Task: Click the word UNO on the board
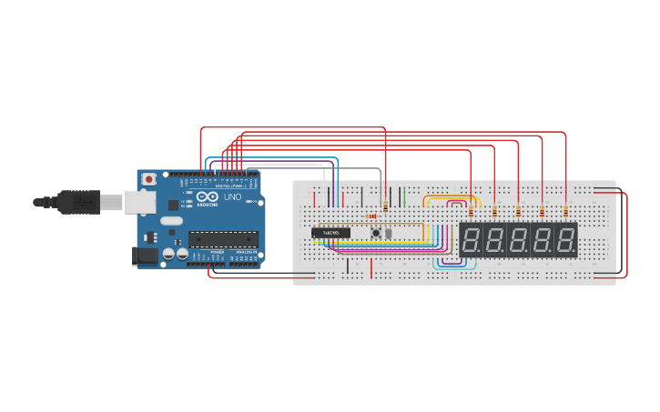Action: (232, 196)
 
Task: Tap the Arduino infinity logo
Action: (207, 197)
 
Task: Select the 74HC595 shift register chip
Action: (330, 233)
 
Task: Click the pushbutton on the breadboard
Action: (375, 233)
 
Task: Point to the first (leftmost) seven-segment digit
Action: (471, 240)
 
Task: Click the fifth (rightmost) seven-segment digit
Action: (565, 240)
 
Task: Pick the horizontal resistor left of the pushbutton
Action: (371, 216)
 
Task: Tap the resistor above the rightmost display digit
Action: (565, 212)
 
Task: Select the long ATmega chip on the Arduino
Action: (223, 239)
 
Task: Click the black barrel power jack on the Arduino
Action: (146, 256)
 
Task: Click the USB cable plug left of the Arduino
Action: (78, 201)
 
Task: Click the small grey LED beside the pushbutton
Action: (388, 233)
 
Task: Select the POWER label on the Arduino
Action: (217, 252)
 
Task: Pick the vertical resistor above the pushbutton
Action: (386, 206)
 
